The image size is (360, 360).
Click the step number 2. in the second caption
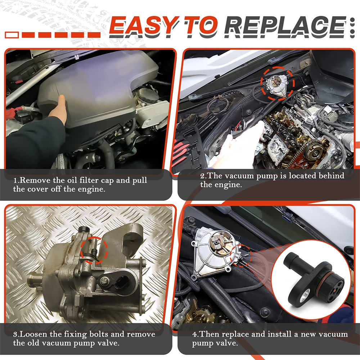tap(204, 176)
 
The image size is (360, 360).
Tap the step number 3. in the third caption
tap(17, 334)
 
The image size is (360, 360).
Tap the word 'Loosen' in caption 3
tap(34, 334)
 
